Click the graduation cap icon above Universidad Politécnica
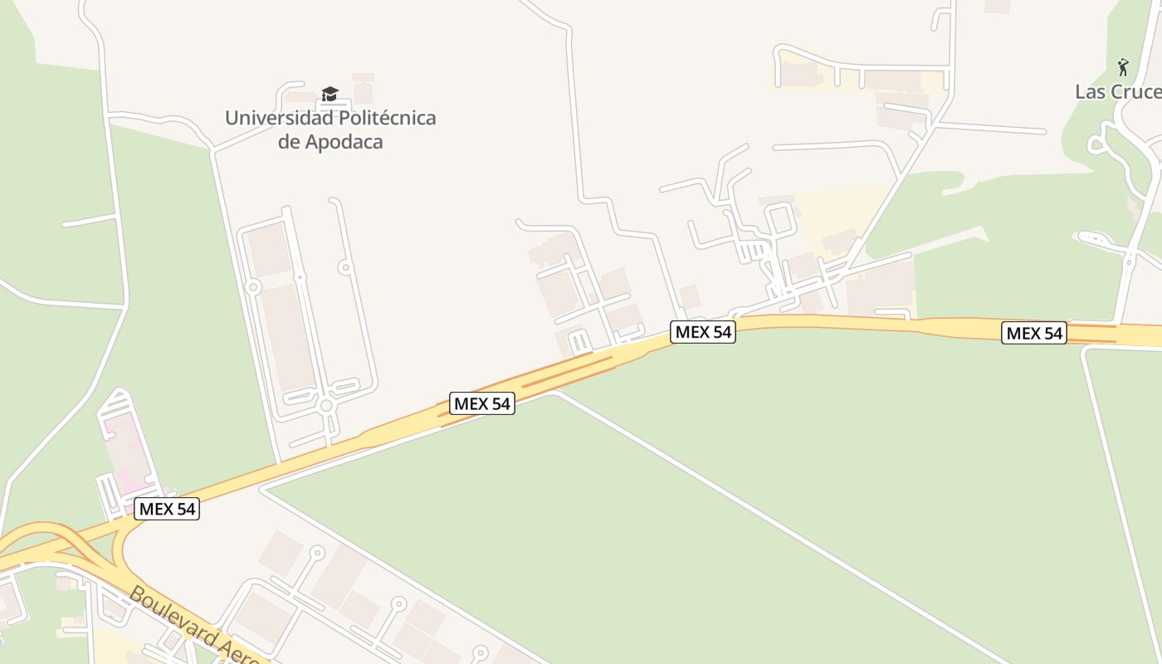pyautogui.click(x=330, y=94)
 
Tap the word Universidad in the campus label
pyautogui.click(x=277, y=118)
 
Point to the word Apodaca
pyautogui.click(x=344, y=141)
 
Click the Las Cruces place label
pyautogui.click(x=1117, y=91)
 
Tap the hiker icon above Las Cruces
pyautogui.click(x=1123, y=66)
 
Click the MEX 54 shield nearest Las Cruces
pyautogui.click(x=1033, y=333)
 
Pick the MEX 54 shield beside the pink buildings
pyautogui.click(x=167, y=509)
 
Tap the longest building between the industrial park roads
pyautogui.click(x=286, y=336)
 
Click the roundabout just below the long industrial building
pyautogui.click(x=326, y=406)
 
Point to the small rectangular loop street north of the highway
pyautogui.click(x=780, y=219)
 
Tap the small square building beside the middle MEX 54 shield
pyautogui.click(x=690, y=296)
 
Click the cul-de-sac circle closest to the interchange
pyautogui.click(x=316, y=552)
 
